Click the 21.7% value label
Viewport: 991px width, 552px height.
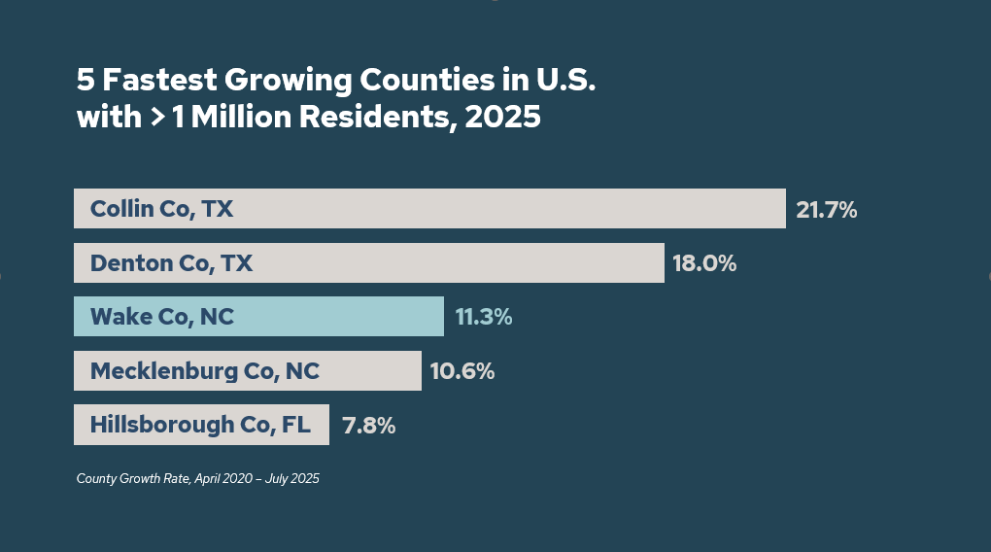(x=826, y=209)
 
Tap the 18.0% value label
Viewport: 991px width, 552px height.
(x=704, y=263)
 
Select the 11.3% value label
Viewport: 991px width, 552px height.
(x=483, y=317)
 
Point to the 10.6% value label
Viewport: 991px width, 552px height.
(x=461, y=371)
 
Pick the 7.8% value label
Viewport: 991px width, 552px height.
(x=368, y=425)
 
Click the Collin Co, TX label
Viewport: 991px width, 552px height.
(x=161, y=209)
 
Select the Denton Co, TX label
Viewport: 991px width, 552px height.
(x=171, y=263)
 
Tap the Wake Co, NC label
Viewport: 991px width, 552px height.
(x=161, y=317)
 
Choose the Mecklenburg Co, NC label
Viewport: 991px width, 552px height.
(x=204, y=371)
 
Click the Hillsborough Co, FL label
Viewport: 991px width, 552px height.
(x=200, y=425)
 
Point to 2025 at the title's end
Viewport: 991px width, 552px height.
(x=502, y=118)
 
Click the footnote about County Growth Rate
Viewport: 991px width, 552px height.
(x=197, y=478)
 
